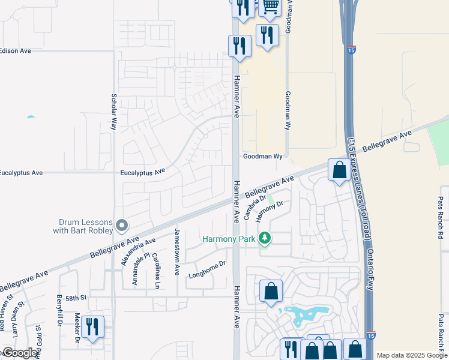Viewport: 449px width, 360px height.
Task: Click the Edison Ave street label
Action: (x=15, y=51)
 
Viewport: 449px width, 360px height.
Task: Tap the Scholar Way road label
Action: (x=113, y=112)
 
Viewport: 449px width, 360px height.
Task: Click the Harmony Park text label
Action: (x=229, y=239)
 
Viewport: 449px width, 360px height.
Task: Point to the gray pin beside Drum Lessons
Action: (x=122, y=226)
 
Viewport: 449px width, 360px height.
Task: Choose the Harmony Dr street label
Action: (x=269, y=211)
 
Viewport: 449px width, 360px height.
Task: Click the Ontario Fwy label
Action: (x=370, y=270)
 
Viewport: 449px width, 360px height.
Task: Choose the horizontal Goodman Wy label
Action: (x=262, y=156)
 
